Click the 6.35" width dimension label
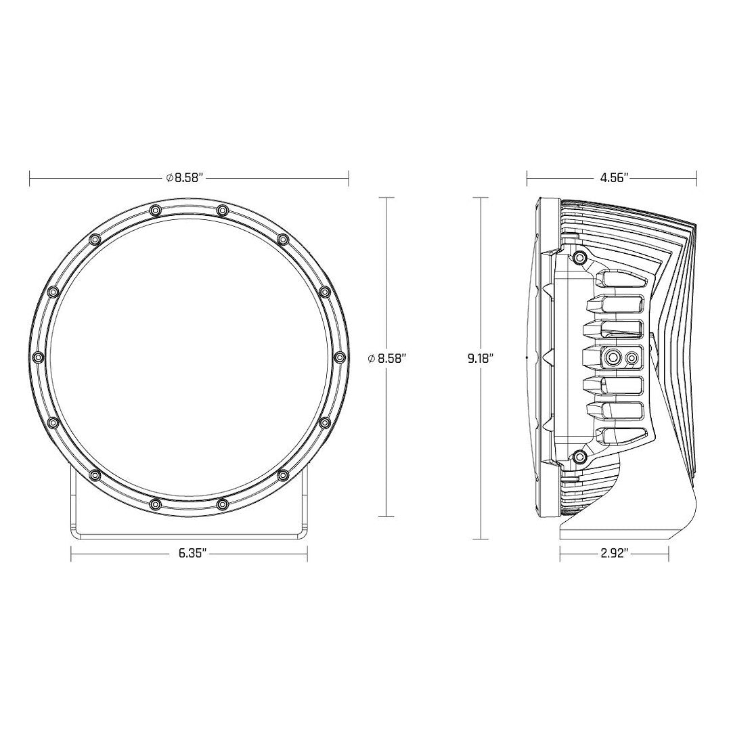192,553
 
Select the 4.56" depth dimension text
615,178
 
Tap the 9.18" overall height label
481,359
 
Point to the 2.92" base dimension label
615,553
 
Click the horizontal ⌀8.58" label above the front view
185,178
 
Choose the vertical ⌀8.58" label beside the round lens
386,359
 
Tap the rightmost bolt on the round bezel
339,357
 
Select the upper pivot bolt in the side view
579,258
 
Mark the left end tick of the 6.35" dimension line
71,554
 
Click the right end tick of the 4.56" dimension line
698,178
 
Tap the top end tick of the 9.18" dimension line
481,198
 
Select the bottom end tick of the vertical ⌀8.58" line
386,516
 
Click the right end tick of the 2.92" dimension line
669,554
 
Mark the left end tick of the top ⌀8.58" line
30,178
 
